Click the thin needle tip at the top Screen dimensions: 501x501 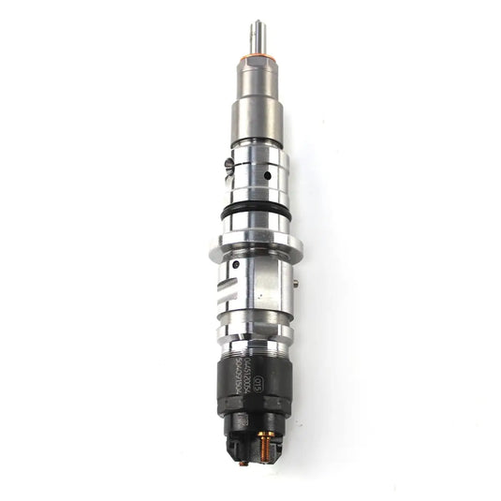click(256, 35)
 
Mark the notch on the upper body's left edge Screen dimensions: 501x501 click(229, 168)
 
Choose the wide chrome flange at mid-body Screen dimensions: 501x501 click(255, 248)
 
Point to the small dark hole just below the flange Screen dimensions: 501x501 click(236, 265)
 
